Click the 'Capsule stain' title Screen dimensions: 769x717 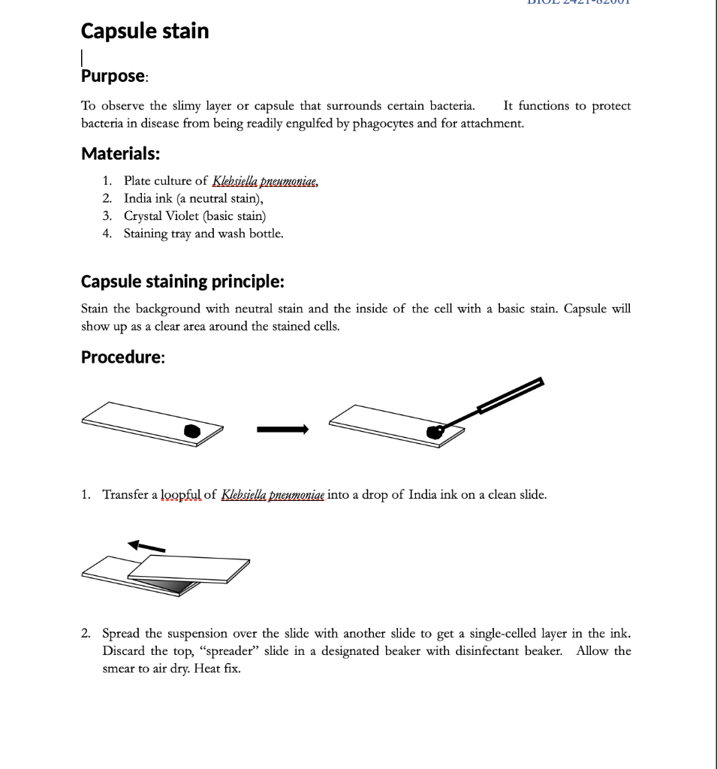pyautogui.click(x=145, y=32)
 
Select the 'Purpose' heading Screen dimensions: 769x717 pyautogui.click(x=113, y=76)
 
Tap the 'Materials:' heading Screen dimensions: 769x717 pyautogui.click(x=120, y=154)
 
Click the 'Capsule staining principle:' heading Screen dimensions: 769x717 pyautogui.click(x=182, y=282)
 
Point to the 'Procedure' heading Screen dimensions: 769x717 pyautogui.click(x=122, y=357)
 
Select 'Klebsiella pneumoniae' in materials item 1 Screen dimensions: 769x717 pyautogui.click(x=265, y=181)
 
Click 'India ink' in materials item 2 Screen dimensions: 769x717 pyautogui.click(x=149, y=199)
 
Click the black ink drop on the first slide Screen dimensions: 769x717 pyautogui.click(x=192, y=430)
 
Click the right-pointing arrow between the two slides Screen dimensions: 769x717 pyautogui.click(x=282, y=430)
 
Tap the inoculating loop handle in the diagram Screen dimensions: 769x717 pyautogui.click(x=511, y=396)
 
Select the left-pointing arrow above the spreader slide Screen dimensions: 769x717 pyautogui.click(x=146, y=545)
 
